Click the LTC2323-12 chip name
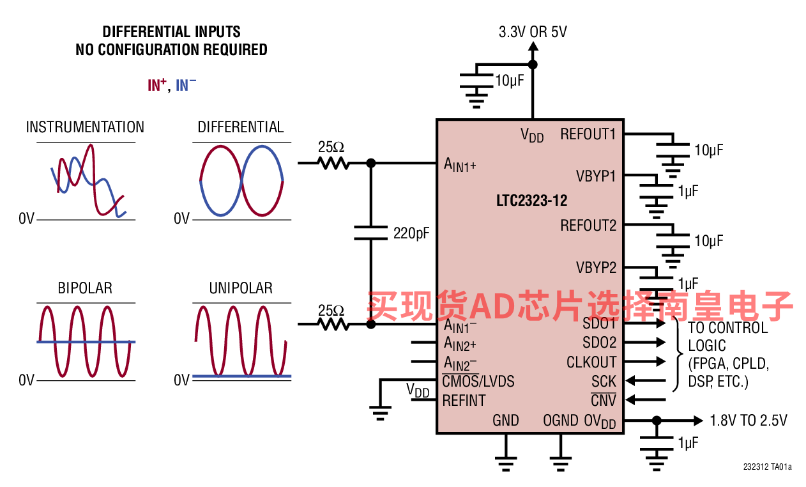(531, 201)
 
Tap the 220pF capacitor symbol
(370, 233)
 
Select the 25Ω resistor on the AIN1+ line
(333, 164)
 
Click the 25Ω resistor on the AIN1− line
(333, 325)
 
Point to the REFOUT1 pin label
(588, 134)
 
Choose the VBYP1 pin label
(596, 176)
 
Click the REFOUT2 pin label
(588, 226)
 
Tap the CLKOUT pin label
(591, 362)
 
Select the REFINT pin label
(464, 401)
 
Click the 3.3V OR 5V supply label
(533, 32)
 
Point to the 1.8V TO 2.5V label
(749, 421)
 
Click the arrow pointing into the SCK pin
(646, 380)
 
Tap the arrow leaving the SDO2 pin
(646, 343)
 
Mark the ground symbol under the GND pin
(506, 463)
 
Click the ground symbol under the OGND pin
(560, 463)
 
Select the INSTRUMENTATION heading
(86, 127)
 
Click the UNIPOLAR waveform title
(241, 288)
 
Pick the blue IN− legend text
(186, 85)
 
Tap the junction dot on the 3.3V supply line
(533, 65)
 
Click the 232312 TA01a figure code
(768, 467)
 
